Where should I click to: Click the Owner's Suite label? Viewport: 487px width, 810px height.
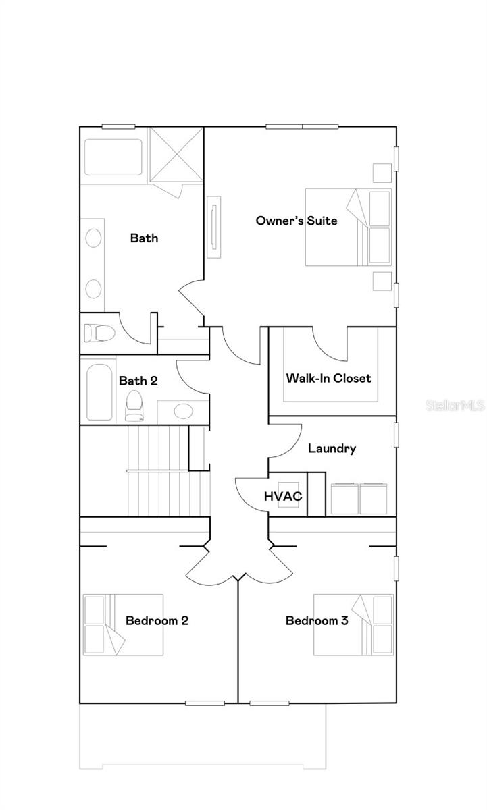pos(297,221)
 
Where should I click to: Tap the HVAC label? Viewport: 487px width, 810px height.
pos(283,497)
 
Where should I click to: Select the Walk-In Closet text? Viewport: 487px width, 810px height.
pos(328,378)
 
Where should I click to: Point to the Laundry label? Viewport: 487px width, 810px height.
pos(332,449)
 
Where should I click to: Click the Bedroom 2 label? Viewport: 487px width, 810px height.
pos(157,620)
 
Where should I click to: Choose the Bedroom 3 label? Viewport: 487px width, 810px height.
pos(317,620)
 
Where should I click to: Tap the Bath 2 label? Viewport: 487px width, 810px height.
pos(138,381)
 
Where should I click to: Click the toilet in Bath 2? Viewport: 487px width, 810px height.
pos(134,406)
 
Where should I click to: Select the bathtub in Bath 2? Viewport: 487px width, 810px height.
pos(99,392)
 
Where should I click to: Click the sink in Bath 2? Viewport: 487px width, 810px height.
pos(184,412)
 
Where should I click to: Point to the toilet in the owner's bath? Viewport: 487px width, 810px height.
pos(99,333)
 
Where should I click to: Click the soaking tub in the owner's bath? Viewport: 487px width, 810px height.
pos(113,157)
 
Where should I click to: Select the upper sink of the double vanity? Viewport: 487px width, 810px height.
pos(93,238)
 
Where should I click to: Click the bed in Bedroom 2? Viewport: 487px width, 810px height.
pos(123,625)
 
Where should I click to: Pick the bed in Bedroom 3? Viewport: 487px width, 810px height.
pos(353,625)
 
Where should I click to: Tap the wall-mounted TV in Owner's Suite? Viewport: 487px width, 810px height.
pos(214,227)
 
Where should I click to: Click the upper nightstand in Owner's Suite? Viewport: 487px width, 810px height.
pos(382,173)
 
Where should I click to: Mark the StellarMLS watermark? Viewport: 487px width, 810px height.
pos(455,406)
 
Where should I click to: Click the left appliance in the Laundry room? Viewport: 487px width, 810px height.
pos(344,498)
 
